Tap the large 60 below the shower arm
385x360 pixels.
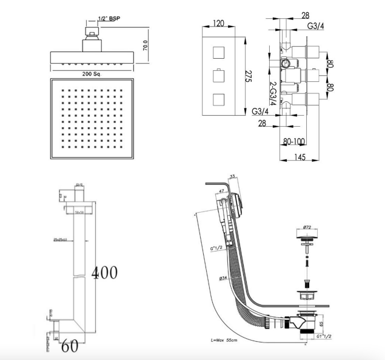pyautogui.click(x=69, y=347)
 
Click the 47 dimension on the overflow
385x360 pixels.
pyautogui.click(x=221, y=191)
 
